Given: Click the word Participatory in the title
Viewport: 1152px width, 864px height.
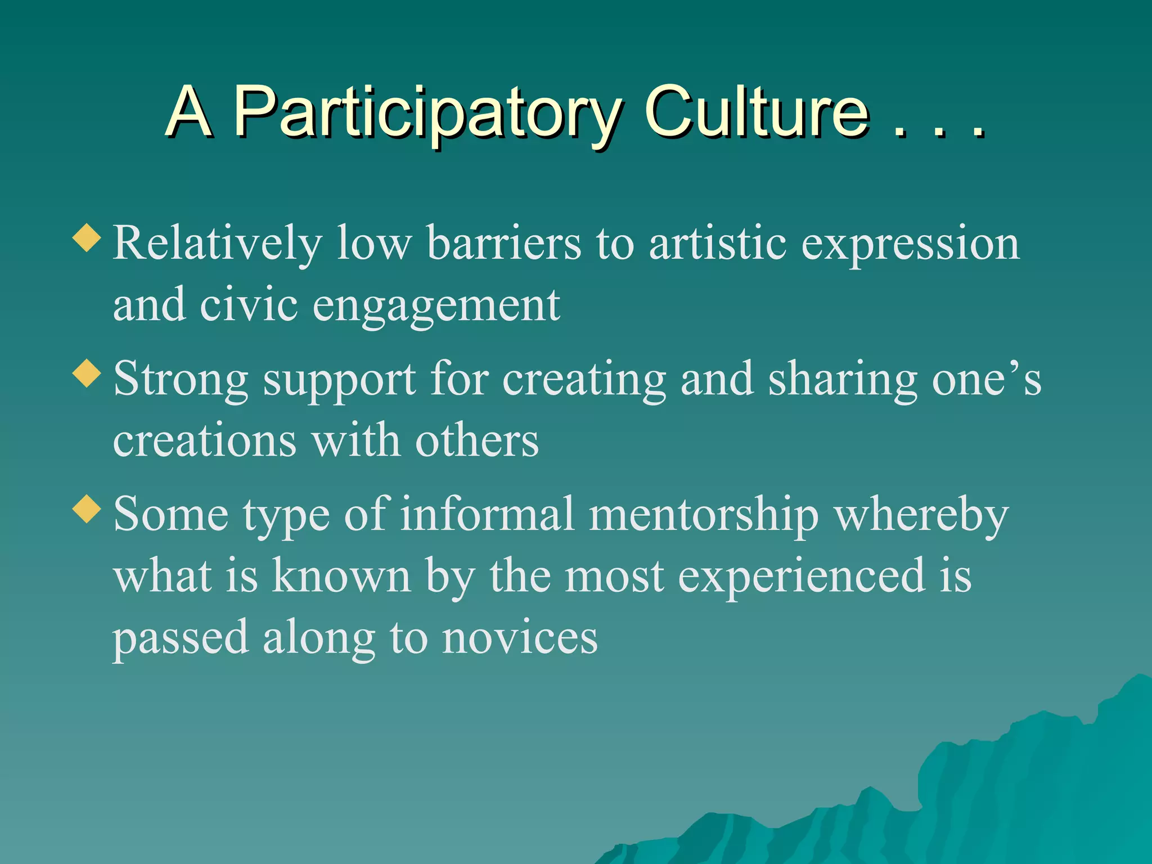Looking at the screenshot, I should [427, 112].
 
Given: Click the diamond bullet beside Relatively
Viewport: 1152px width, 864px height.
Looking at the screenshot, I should [87, 237].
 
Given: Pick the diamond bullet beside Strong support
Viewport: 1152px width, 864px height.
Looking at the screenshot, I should [87, 373].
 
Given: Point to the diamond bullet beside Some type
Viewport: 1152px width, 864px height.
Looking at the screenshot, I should [87, 509].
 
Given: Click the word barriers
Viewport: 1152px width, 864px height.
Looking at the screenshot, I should [504, 243].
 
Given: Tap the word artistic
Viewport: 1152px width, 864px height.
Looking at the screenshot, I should [718, 243].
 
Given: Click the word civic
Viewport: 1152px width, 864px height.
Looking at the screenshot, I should [249, 304].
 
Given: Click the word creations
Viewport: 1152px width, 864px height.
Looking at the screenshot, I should [205, 440].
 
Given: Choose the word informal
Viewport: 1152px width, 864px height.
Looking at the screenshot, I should [487, 514].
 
